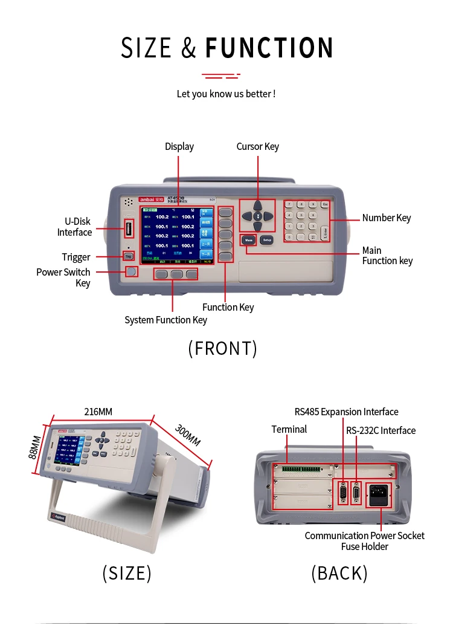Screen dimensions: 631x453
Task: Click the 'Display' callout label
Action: click(x=179, y=146)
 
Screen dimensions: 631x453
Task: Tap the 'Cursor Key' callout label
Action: click(x=257, y=146)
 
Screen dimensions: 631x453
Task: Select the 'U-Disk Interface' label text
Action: click(x=74, y=227)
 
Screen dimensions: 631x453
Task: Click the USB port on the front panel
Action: click(x=129, y=229)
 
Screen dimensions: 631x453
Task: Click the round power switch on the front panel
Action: click(x=131, y=271)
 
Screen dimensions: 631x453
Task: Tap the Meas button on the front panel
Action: click(x=248, y=240)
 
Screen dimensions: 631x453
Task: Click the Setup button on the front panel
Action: click(x=267, y=240)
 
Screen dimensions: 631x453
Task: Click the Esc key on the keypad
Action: click(x=325, y=205)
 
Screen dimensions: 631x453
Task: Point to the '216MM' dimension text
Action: click(x=98, y=412)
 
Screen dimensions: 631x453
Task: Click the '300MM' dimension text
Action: click(x=187, y=436)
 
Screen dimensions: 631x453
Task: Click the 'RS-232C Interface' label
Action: click(x=381, y=430)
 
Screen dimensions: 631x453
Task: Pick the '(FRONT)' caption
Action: click(x=223, y=348)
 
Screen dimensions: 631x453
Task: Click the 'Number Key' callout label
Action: click(x=387, y=218)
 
